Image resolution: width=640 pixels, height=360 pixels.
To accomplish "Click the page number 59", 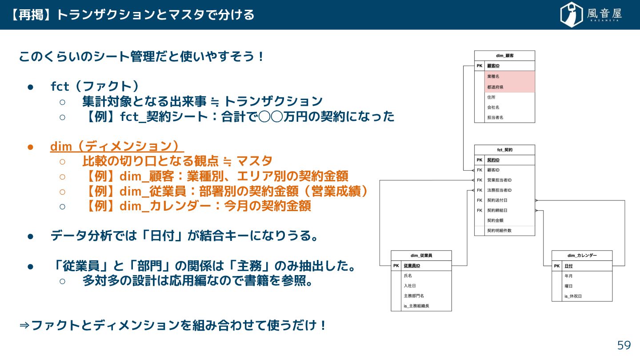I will click(624, 345).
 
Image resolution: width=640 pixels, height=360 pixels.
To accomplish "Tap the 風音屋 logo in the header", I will click(591, 15).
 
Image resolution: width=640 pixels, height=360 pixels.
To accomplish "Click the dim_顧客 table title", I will click(504, 56).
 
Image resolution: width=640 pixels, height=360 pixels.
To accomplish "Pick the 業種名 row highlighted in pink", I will click(493, 76).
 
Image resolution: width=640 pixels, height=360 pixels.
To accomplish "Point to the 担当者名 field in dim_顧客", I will click(495, 117).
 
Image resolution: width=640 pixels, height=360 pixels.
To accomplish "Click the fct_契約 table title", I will click(504, 150).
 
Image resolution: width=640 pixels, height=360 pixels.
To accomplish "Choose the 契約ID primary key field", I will click(494, 160).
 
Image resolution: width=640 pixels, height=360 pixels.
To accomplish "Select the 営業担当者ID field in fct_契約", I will click(500, 180).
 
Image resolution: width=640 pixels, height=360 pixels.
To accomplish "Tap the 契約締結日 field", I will click(497, 210).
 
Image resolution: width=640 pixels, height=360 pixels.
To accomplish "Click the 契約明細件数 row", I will click(499, 231).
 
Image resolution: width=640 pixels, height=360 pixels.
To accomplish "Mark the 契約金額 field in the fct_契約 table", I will click(495, 220).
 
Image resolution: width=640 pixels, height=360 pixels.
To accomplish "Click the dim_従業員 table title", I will click(421, 256).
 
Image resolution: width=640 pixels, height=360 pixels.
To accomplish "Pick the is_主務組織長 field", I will click(416, 306).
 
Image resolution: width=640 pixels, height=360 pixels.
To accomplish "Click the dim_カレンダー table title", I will click(582, 256).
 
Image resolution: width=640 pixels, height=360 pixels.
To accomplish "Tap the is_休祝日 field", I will click(573, 296).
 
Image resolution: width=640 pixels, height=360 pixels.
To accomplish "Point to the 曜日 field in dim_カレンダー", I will click(568, 286).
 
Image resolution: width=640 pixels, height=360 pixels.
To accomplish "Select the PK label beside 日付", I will click(557, 266).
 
